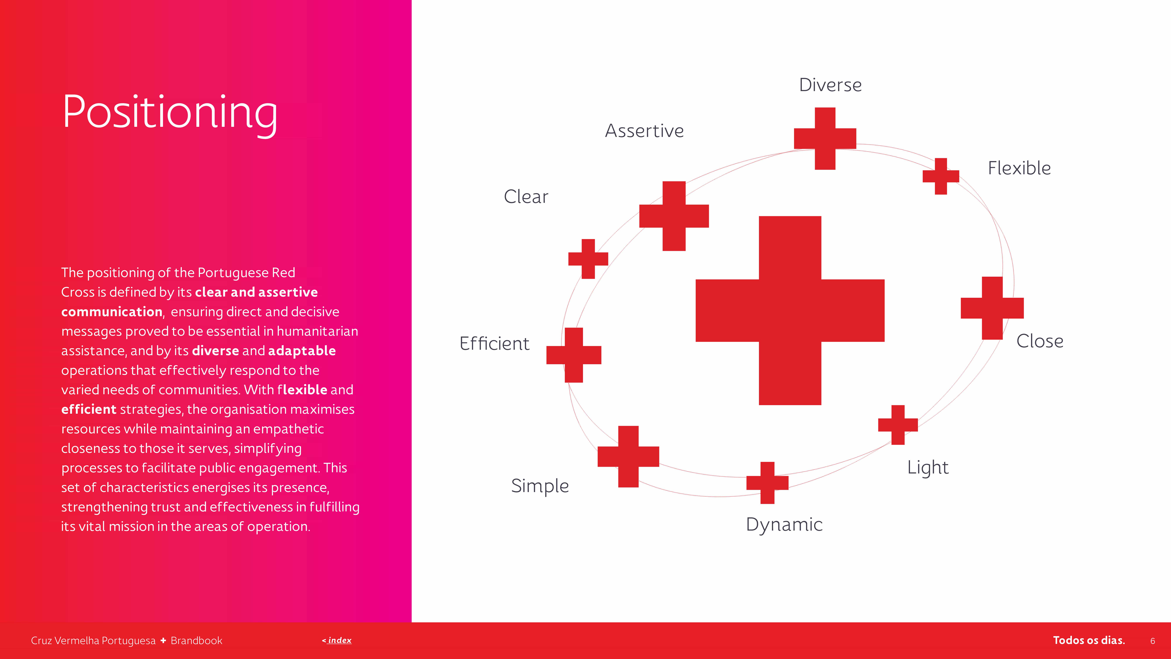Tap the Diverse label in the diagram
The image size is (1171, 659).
pos(830,85)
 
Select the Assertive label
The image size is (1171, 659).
pos(644,131)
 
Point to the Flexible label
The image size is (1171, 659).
pos(1019,168)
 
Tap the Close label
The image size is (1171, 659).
pos(1040,341)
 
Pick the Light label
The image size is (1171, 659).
pos(928,468)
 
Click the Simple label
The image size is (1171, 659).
pos(540,486)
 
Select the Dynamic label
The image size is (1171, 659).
pos(784,525)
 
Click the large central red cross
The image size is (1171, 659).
pos(790,311)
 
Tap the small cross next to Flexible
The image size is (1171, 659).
pos(940,176)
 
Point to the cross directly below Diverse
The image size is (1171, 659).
pos(825,139)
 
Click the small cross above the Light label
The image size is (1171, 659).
pos(898,425)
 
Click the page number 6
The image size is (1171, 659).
pos(1152,641)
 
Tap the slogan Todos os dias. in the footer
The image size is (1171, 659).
pos(1089,640)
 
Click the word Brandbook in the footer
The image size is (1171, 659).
pos(196,641)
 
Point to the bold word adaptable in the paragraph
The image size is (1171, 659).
pos(302,351)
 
